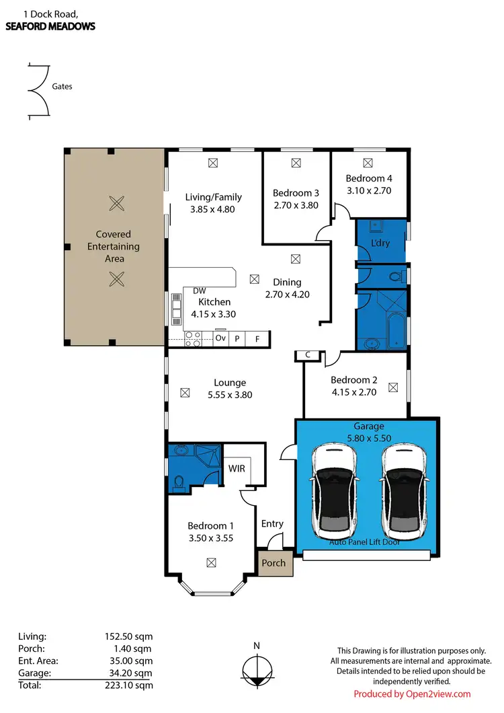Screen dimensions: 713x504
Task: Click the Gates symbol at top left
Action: pos(37,91)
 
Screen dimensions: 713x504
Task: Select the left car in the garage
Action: pos(333,488)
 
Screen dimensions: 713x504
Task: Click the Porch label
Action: pos(274,563)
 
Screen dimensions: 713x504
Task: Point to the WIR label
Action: pos(237,467)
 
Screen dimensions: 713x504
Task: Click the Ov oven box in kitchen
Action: pos(220,338)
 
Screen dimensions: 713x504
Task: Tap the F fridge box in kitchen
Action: pos(257,338)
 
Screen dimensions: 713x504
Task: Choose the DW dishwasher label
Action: pos(198,291)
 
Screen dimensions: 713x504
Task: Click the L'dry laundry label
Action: pos(380,243)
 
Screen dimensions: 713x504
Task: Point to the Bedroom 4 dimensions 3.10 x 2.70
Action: pos(368,190)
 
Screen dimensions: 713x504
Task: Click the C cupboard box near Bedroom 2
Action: pos(307,354)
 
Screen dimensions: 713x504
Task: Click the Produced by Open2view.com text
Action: pos(412,694)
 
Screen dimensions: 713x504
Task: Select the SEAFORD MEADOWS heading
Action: pos(50,27)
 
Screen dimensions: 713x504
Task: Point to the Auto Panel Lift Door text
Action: pos(365,541)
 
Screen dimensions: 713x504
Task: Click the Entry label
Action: pos(272,523)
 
